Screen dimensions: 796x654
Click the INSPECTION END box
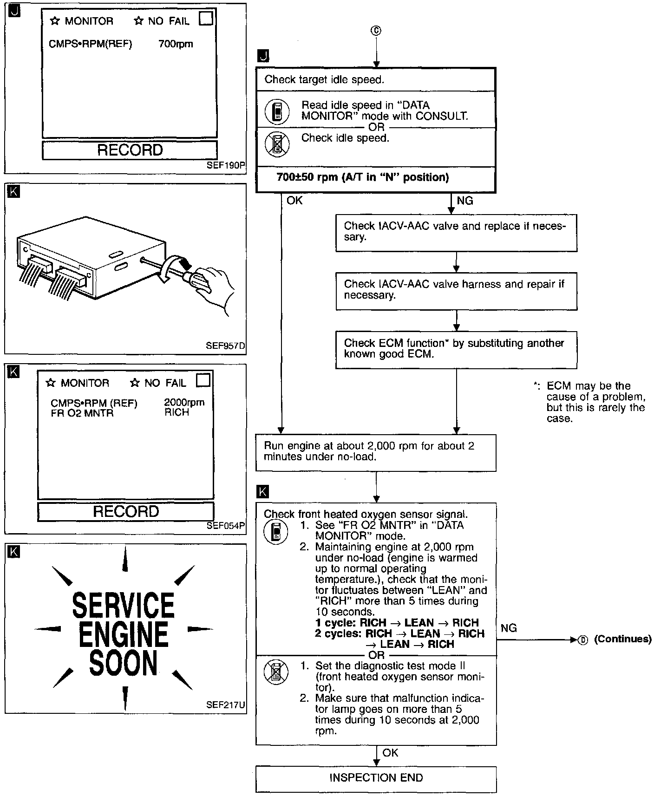376,778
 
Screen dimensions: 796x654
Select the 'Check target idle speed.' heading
324,80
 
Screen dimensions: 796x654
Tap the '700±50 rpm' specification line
362,177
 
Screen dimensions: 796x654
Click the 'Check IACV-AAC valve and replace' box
456,232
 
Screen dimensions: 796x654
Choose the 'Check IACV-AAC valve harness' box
456,290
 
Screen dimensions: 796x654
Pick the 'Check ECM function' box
456,349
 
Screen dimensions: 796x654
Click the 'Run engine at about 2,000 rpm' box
375,452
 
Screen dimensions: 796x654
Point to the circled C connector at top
376,31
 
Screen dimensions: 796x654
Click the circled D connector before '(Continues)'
583,640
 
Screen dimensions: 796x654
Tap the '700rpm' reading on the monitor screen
176,45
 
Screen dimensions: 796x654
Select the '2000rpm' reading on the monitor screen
184,403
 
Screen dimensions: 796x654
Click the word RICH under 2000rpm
177,412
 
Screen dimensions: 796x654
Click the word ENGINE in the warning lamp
123,635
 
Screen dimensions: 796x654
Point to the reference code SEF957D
225,346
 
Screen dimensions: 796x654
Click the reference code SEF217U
225,705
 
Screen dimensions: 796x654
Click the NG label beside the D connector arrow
509,628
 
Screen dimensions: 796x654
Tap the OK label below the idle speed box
294,201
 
